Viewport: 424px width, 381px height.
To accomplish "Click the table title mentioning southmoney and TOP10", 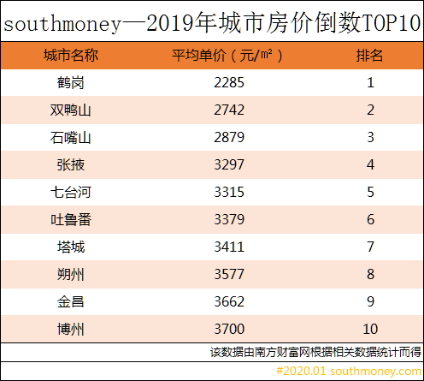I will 212,23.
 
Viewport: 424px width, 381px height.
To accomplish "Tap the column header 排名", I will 370,57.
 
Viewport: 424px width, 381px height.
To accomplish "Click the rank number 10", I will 370,329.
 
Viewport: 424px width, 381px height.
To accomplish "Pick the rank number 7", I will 370,247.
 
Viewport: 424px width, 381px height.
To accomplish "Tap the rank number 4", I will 370,165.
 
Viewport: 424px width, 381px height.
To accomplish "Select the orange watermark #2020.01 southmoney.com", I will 348,371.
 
